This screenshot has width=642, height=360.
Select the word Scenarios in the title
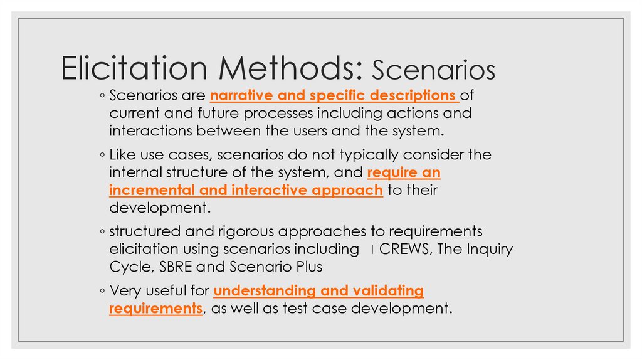(433, 71)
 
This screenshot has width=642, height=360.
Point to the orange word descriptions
(413, 97)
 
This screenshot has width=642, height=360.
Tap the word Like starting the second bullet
(122, 154)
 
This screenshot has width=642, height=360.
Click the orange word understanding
(265, 291)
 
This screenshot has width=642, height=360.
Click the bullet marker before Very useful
(102, 292)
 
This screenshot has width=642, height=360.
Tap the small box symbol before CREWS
(372, 250)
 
